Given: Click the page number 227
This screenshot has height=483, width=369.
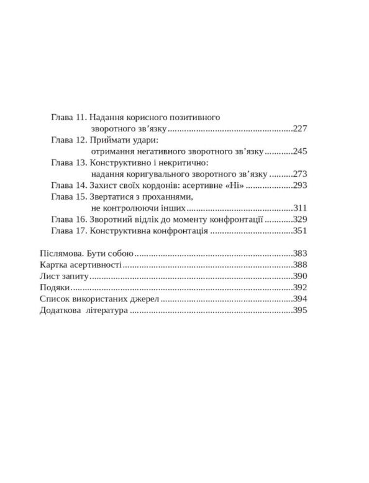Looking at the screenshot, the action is [301, 128].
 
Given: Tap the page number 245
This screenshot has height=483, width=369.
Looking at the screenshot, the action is [301, 151].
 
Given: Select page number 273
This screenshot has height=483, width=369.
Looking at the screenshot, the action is [301, 174].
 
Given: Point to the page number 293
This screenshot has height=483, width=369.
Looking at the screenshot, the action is [301, 186].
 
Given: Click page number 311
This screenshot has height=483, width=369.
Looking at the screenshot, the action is [301, 209].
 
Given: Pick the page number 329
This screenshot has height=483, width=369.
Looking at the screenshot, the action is [301, 220].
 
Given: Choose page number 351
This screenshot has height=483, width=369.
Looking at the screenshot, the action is [301, 232].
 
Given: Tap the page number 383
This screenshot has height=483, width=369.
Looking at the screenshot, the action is [301, 254].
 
